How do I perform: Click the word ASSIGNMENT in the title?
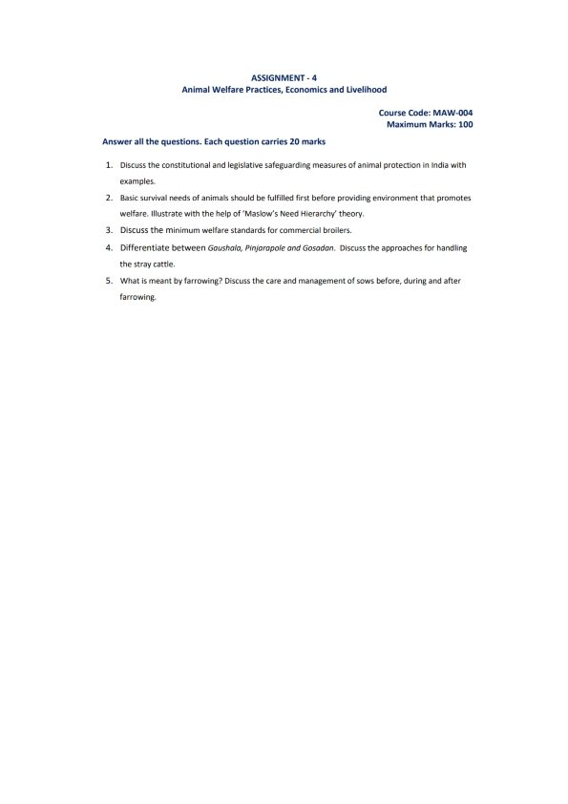click(274, 75)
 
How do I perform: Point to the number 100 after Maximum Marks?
click(463, 124)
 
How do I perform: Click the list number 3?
click(109, 230)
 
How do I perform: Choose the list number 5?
click(109, 280)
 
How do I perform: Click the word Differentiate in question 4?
click(148, 246)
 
